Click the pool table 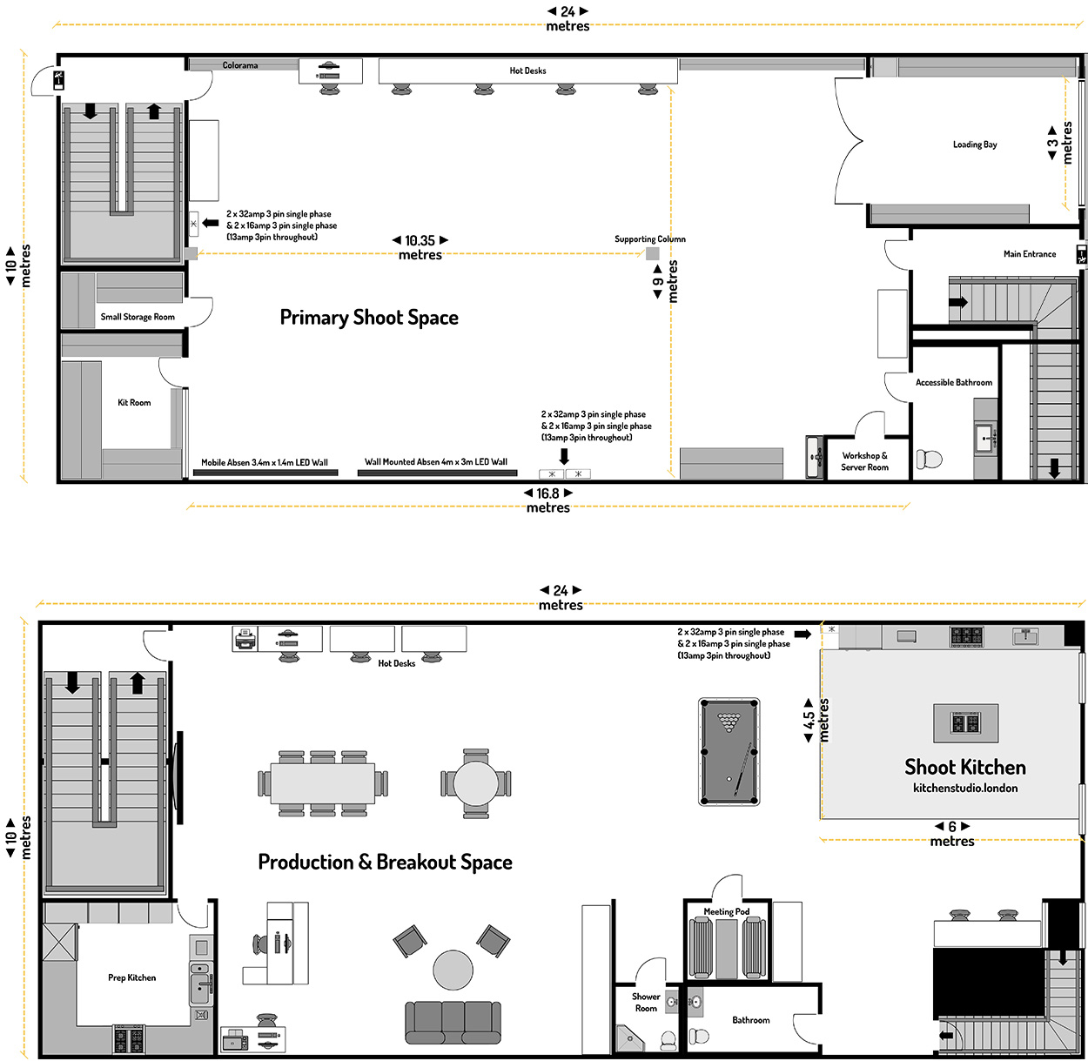point(729,751)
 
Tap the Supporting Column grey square point(652,253)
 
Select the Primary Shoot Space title point(369,318)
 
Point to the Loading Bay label point(975,144)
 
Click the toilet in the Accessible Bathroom point(930,460)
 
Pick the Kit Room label point(134,402)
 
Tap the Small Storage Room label point(138,317)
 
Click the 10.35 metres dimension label point(420,247)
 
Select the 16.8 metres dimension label point(547,500)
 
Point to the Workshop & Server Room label point(864,461)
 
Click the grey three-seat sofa point(453,1023)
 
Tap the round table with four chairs point(476,783)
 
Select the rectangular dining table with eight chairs point(323,783)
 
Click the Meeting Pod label point(726,911)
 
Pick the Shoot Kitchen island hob point(965,722)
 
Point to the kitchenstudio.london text point(965,788)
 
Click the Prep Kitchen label point(132,977)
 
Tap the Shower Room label point(646,1002)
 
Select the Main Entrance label point(1030,254)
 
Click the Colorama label point(240,65)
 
